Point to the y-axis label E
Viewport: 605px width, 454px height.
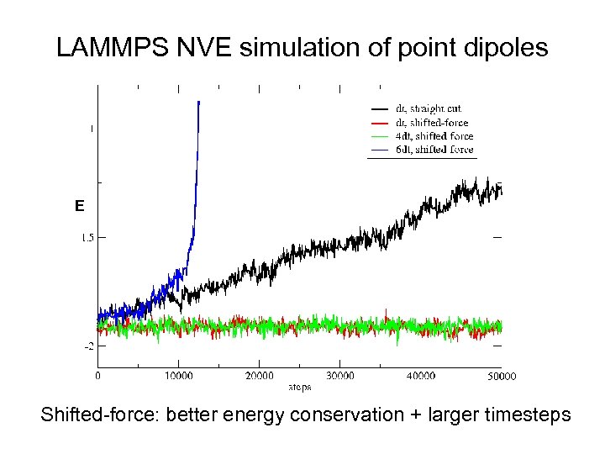[x=79, y=206]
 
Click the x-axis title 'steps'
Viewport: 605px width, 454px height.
[x=300, y=387]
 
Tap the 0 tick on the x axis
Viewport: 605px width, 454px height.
[x=97, y=376]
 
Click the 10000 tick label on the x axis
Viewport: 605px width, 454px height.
[x=178, y=376]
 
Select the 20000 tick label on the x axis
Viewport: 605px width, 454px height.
[x=259, y=376]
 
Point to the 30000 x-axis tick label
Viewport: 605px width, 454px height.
[x=339, y=376]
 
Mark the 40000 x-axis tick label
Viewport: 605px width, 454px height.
[x=420, y=376]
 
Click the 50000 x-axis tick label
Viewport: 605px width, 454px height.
[x=500, y=376]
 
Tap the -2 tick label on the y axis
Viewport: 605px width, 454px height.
[x=87, y=346]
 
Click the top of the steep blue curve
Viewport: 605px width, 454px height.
[x=198, y=103]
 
